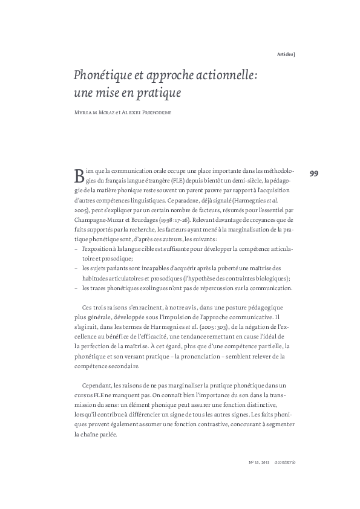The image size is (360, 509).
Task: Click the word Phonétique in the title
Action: pyautogui.click(x=96, y=76)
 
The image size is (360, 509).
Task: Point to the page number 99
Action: pyautogui.click(x=314, y=174)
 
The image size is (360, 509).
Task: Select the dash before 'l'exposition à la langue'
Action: pyautogui.click(x=76, y=250)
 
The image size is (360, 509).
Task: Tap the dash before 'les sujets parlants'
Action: pyautogui.click(x=76, y=268)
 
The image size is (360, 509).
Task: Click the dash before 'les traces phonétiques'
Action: pyautogui.click(x=76, y=288)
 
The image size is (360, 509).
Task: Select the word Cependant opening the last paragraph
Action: pyautogui.click(x=97, y=385)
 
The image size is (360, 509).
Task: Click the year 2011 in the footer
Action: pyautogui.click(x=264, y=462)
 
